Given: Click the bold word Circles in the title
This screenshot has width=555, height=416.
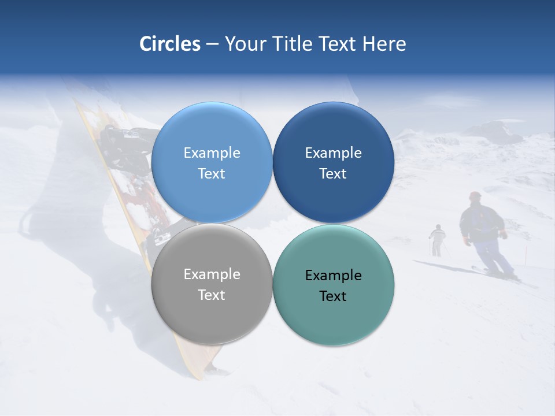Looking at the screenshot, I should [170, 44].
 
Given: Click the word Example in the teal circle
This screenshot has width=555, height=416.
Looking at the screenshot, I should [334, 275].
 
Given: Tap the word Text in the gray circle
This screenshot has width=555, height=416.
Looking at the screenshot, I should [212, 295].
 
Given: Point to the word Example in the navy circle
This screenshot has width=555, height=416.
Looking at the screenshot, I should [334, 153].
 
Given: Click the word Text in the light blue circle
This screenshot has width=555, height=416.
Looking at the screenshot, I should [212, 173].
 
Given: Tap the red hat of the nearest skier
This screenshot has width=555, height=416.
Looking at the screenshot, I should [475, 196].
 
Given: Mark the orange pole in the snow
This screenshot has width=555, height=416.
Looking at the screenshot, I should [526, 254].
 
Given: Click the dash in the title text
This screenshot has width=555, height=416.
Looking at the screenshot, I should [212, 44].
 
